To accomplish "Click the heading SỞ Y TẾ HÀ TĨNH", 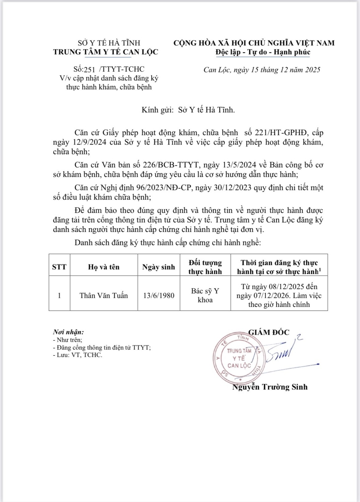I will (109, 43).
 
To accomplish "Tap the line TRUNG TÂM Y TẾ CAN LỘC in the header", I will (105, 52).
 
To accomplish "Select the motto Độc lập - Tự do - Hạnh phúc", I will (263, 52).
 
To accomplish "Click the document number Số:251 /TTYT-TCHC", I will (109, 69).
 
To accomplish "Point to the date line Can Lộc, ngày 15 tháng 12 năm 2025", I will (262, 70).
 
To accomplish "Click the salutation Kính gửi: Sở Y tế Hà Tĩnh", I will (188, 110).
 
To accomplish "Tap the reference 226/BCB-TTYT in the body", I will (171, 165).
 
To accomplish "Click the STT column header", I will (59, 267).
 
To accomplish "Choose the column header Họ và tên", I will (104, 267).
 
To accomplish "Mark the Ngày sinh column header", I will (158, 267).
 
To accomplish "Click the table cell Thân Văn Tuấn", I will (104, 296).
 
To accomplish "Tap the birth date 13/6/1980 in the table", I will (159, 296).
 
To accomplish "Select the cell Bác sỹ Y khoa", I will (205, 295).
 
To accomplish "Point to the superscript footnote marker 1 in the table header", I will (320, 269).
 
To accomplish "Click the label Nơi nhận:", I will (68, 332).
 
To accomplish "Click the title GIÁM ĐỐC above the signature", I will (269, 332).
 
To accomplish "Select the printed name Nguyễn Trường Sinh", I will (270, 387).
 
